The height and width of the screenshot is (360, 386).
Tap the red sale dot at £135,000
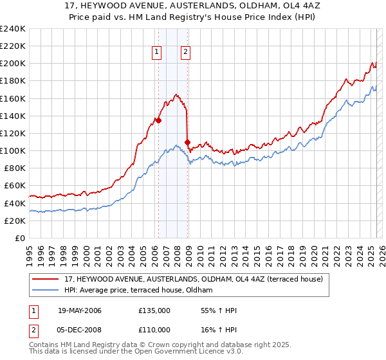tap(158, 120)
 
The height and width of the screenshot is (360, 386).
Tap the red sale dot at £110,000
tap(187, 141)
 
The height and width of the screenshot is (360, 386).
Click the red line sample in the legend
tap(46, 278)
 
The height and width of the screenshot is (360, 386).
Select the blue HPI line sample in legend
tap(46, 290)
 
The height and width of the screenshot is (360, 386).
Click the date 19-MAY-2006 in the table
tap(80, 310)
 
